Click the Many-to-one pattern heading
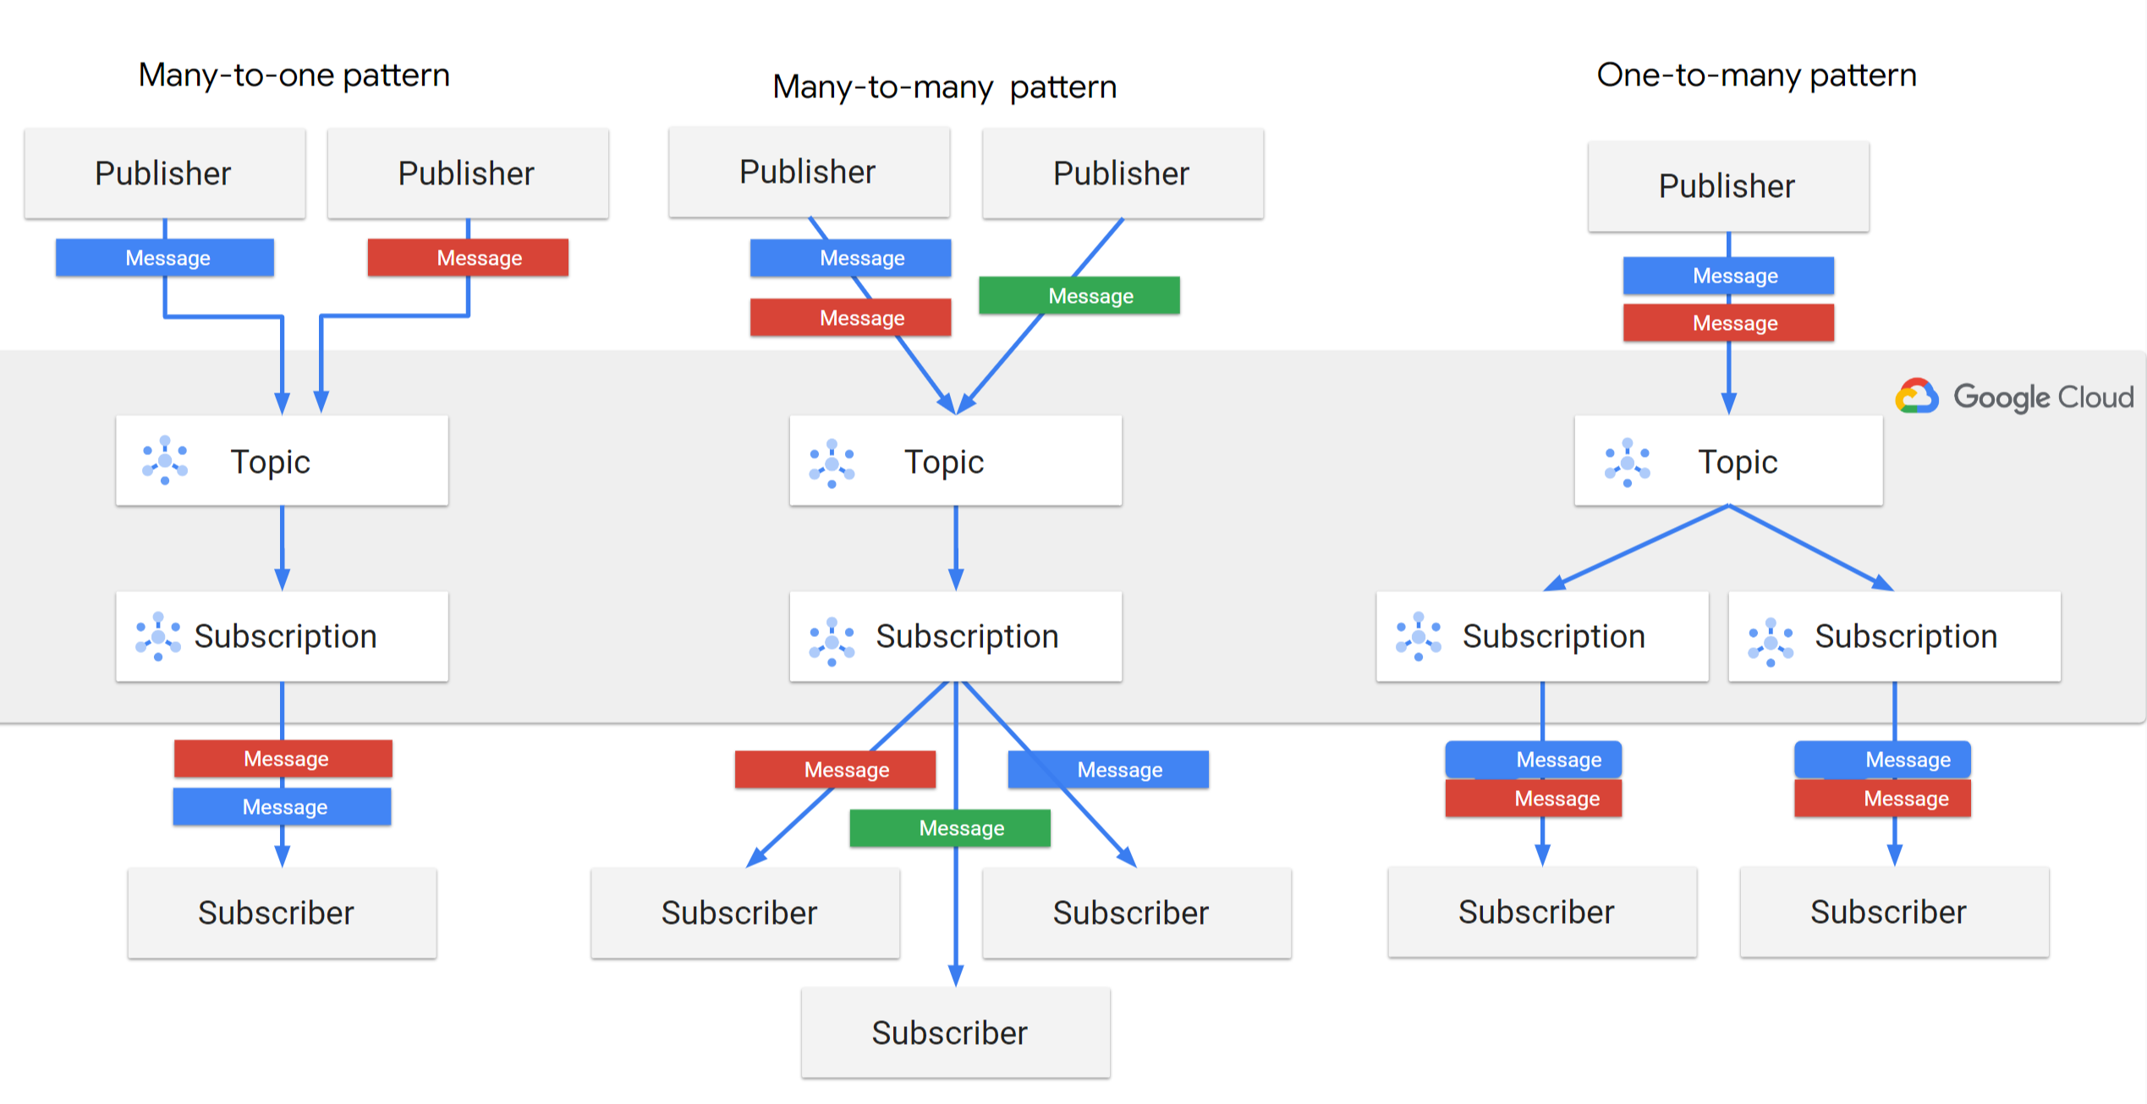pyautogui.click(x=294, y=75)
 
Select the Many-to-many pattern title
pyautogui.click(x=944, y=87)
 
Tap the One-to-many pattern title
pyautogui.click(x=1756, y=75)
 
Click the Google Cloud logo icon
pyautogui.click(x=1916, y=396)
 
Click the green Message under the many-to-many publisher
pyautogui.click(x=1079, y=295)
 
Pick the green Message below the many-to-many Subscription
pyautogui.click(x=950, y=827)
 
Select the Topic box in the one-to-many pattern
pyautogui.click(x=1728, y=461)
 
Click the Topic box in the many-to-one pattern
pyautogui.click(x=282, y=461)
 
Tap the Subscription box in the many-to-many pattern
pyautogui.click(x=955, y=636)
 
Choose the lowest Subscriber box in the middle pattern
pyautogui.click(x=955, y=1032)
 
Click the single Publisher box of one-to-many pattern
pyautogui.click(x=1728, y=186)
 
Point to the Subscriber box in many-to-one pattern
pyautogui.click(x=282, y=913)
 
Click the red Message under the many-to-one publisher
pyautogui.click(x=468, y=257)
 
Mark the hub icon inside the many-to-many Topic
pyautogui.click(x=832, y=463)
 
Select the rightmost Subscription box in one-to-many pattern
pyautogui.click(x=1894, y=636)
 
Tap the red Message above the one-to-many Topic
pyautogui.click(x=1728, y=322)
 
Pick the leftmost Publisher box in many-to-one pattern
pyautogui.click(x=164, y=173)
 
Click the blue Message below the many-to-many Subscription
pyautogui.click(x=1108, y=769)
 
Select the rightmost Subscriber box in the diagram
pyautogui.click(x=1894, y=912)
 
